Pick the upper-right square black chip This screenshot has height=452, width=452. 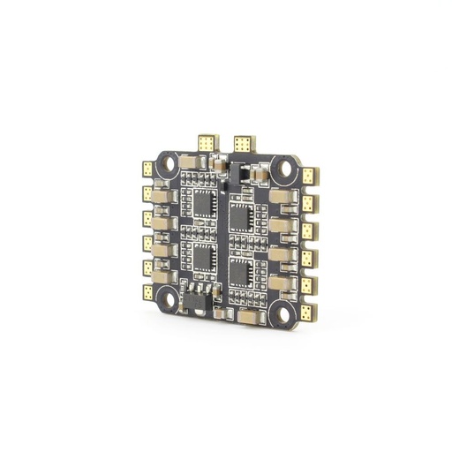point(244,209)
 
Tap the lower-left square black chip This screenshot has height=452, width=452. point(203,257)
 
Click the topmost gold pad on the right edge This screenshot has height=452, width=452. point(308,177)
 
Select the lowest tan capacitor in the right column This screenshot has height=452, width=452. point(281,283)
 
